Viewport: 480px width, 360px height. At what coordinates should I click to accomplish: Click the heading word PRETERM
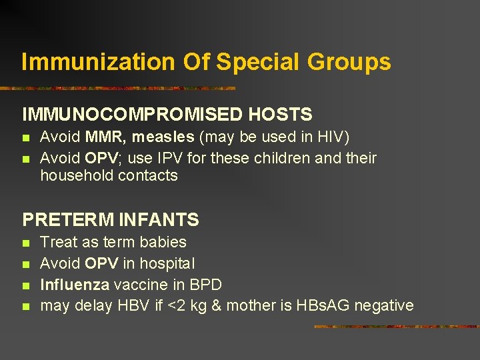(61, 219)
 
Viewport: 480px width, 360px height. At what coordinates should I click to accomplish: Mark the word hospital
(166, 263)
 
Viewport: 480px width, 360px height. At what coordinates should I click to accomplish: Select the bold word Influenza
(75, 285)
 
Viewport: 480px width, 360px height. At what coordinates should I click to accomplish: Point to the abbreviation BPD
(205, 285)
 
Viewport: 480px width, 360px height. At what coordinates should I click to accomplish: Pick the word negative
(384, 306)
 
